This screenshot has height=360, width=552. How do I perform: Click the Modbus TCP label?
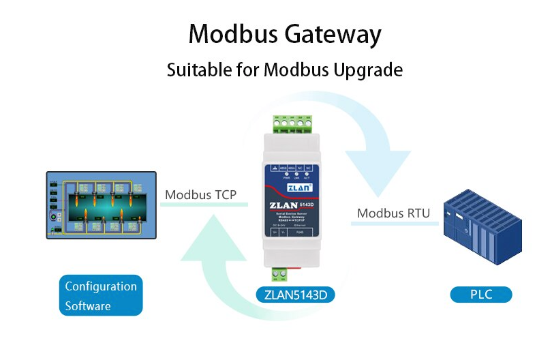click(x=200, y=195)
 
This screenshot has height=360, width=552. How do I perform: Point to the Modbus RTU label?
click(x=393, y=213)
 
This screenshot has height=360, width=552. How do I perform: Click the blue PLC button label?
click(x=480, y=295)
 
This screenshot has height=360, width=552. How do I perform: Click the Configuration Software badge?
click(x=101, y=295)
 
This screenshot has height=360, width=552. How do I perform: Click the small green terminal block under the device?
click(x=279, y=274)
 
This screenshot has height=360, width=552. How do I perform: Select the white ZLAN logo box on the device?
click(x=294, y=185)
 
